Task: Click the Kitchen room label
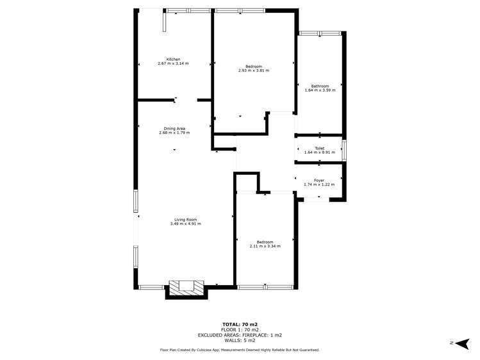pos(173,60)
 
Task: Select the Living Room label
pos(185,220)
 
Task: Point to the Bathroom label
pos(320,86)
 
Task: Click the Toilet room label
pos(319,148)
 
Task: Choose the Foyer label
pos(319,181)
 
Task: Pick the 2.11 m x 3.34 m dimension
pos(265,245)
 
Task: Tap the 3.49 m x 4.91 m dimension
pos(185,224)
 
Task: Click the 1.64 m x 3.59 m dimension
pos(320,90)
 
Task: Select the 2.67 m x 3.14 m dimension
pos(173,63)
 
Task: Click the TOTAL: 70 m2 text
pos(240,325)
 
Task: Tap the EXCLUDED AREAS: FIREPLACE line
pos(240,335)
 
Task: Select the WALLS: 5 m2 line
pos(240,340)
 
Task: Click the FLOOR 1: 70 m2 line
pos(240,330)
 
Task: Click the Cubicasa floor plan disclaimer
pos(240,350)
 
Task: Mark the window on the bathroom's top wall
pos(320,33)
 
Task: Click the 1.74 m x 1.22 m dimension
pos(319,184)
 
